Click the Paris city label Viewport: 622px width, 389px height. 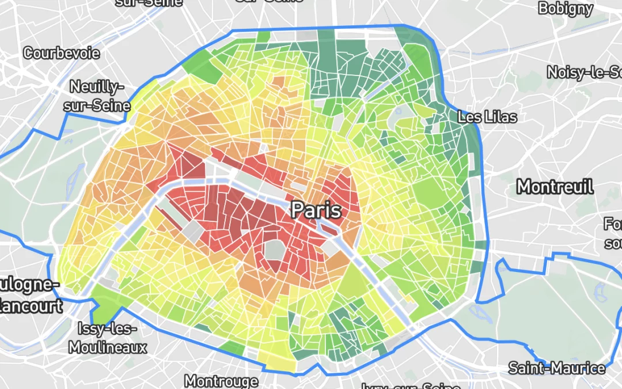pyautogui.click(x=316, y=209)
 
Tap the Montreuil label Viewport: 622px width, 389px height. pyautogui.click(x=555, y=187)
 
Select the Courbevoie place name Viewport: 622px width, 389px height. pyautogui.click(x=61, y=54)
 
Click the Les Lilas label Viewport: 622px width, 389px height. pyautogui.click(x=487, y=117)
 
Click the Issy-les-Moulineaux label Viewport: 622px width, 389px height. pyautogui.click(x=108, y=338)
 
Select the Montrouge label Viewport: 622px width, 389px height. pyautogui.click(x=221, y=381)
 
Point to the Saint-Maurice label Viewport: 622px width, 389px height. pyautogui.click(x=557, y=368)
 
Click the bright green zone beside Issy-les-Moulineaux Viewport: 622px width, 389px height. pyautogui.click(x=103, y=306)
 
